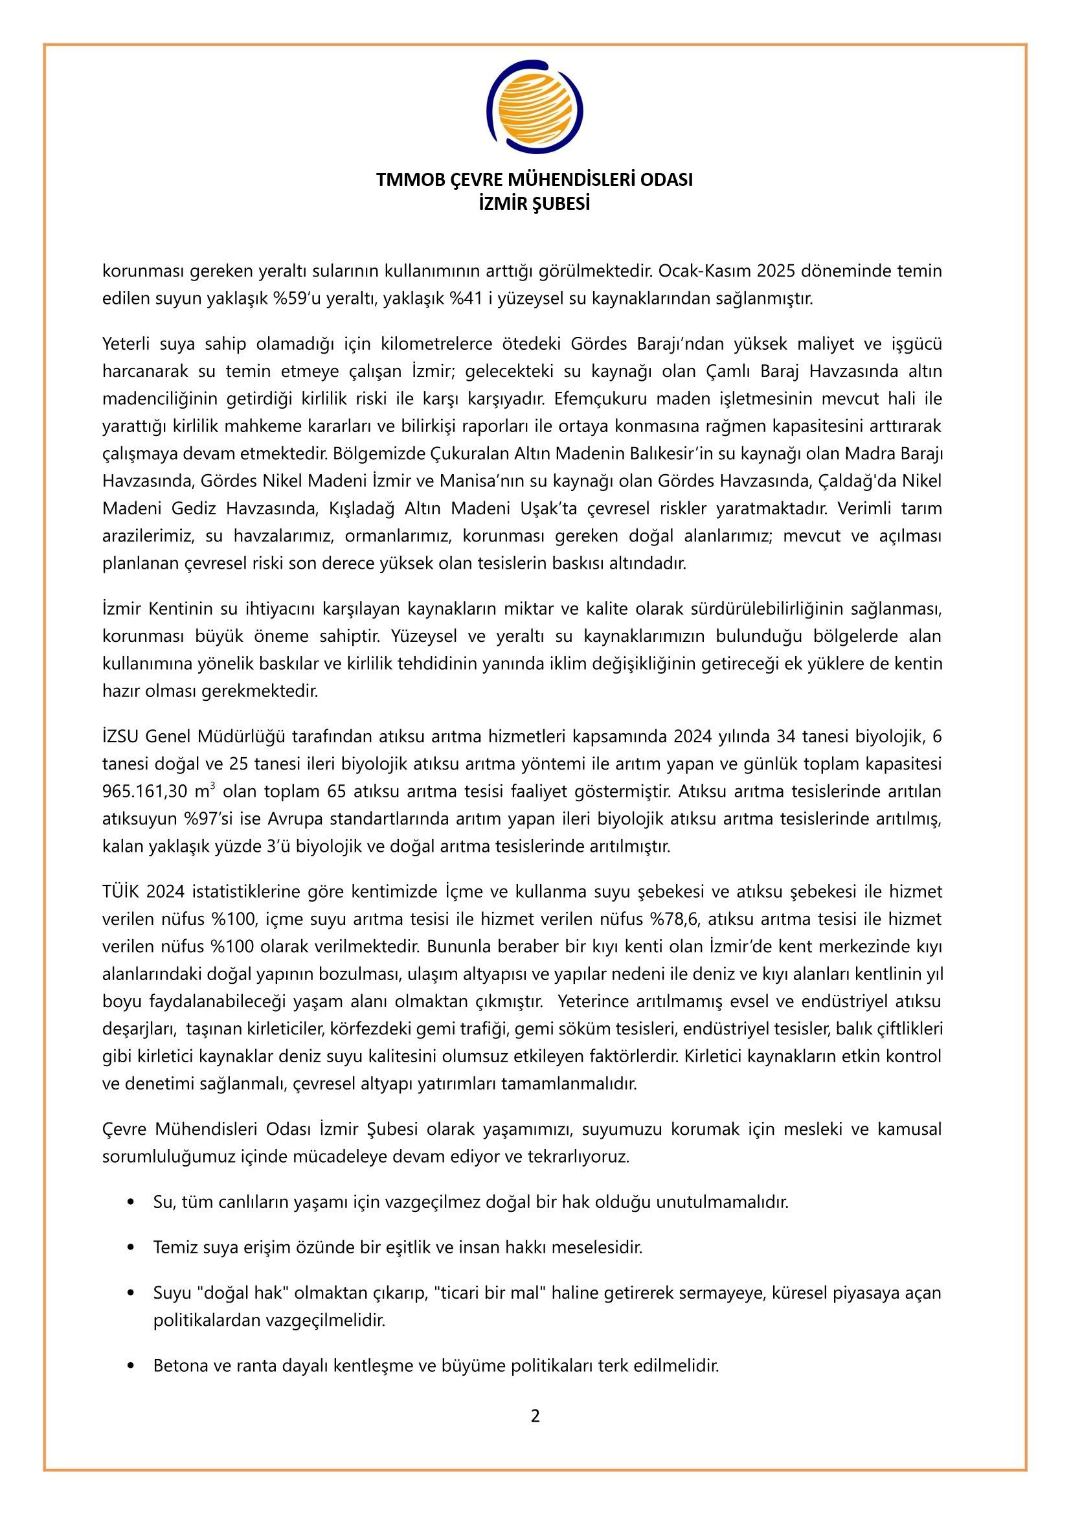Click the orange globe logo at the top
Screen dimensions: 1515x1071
pos(535,106)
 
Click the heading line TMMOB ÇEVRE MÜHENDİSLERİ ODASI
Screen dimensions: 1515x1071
pos(535,179)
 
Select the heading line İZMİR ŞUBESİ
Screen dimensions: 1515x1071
pos(535,204)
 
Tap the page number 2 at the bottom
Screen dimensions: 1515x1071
pos(535,1415)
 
